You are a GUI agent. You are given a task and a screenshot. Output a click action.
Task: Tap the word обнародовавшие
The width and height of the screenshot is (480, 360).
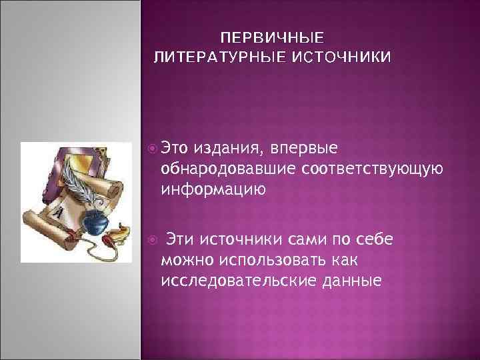pos(229,169)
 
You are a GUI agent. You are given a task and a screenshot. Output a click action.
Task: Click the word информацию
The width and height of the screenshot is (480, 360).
pos(213,191)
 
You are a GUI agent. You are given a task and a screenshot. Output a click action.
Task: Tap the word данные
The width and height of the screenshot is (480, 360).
pos(360,281)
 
